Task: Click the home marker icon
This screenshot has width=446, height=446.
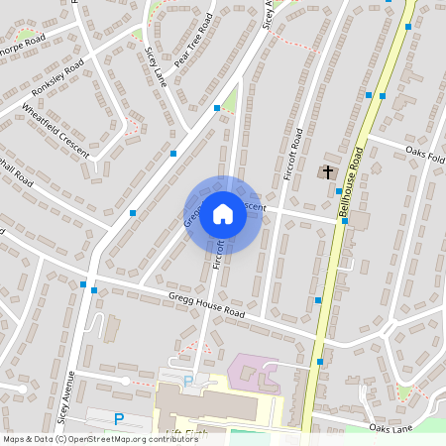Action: click(223, 213)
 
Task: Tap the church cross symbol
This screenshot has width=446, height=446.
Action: click(327, 172)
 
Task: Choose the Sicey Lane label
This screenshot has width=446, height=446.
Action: click(155, 65)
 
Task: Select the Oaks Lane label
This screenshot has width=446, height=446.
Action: click(390, 428)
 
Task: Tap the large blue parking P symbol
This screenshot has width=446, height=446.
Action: click(119, 420)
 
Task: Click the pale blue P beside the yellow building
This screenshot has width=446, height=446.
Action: click(188, 381)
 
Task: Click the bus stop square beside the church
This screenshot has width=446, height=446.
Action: click(339, 190)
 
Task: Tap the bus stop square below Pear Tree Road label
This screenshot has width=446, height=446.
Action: click(217, 107)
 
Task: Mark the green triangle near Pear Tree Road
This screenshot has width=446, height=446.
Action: click(231, 100)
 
